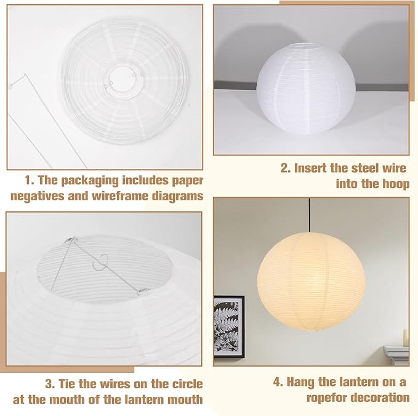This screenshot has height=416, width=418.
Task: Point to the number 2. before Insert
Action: click(286, 168)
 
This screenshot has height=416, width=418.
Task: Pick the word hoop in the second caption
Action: click(396, 183)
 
